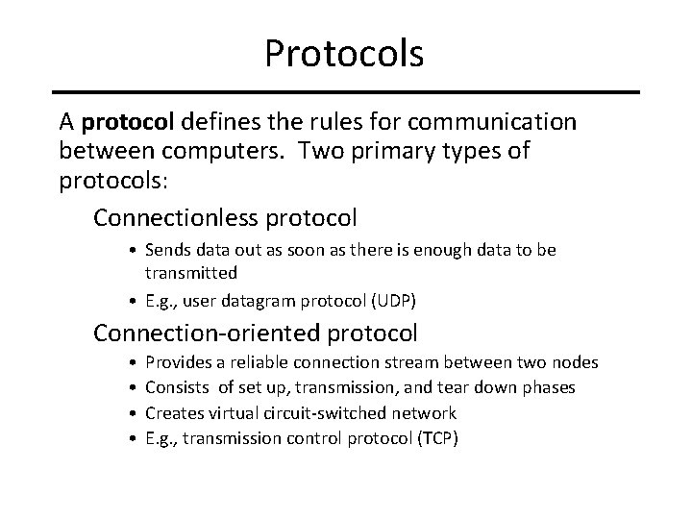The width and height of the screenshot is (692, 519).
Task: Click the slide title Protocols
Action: click(345, 54)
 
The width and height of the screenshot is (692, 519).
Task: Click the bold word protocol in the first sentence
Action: click(128, 122)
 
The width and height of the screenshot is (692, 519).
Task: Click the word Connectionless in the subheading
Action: click(176, 218)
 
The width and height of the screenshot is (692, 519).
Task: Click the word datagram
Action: click(242, 300)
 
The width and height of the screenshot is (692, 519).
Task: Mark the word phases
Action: click(549, 387)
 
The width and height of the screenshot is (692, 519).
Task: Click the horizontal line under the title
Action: click(346, 92)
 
